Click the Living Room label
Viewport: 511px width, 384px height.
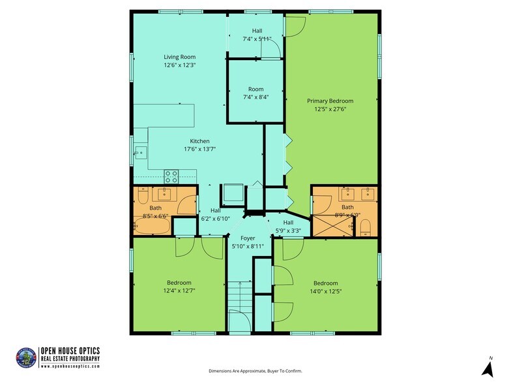(x=180, y=57)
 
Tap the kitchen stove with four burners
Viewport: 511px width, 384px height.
(x=171, y=176)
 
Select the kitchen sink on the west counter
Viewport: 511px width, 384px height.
(x=141, y=153)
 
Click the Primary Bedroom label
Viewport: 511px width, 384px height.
(x=330, y=101)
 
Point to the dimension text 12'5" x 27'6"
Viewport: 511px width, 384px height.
(x=330, y=109)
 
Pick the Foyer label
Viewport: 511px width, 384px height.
(x=247, y=238)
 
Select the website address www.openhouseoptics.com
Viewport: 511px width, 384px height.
(x=70, y=366)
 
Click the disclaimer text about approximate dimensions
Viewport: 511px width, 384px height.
(x=255, y=371)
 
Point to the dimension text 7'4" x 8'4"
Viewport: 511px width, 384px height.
(x=255, y=97)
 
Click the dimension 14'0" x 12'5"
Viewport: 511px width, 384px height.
(x=326, y=291)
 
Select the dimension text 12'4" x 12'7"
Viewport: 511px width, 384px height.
(x=179, y=291)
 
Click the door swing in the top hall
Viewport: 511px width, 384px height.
(x=275, y=50)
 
